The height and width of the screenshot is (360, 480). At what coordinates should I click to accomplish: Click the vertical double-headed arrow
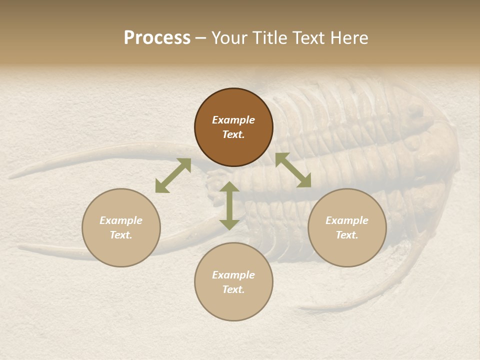[229, 205]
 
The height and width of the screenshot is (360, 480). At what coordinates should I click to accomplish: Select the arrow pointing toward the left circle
[173, 175]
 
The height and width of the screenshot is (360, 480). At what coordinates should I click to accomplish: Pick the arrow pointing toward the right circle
[293, 170]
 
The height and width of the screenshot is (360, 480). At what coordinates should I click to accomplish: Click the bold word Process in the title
[157, 37]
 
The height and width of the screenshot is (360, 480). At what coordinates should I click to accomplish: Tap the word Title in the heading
[270, 38]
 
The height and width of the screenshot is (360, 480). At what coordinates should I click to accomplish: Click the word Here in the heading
[349, 38]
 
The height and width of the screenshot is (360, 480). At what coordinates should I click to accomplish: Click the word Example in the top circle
[233, 120]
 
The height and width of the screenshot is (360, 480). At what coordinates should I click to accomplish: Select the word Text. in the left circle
[121, 235]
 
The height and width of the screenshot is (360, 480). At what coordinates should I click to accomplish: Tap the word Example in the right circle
[347, 220]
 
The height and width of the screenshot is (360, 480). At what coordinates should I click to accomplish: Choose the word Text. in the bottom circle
[233, 289]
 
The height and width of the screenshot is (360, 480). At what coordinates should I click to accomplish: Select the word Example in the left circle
[121, 220]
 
